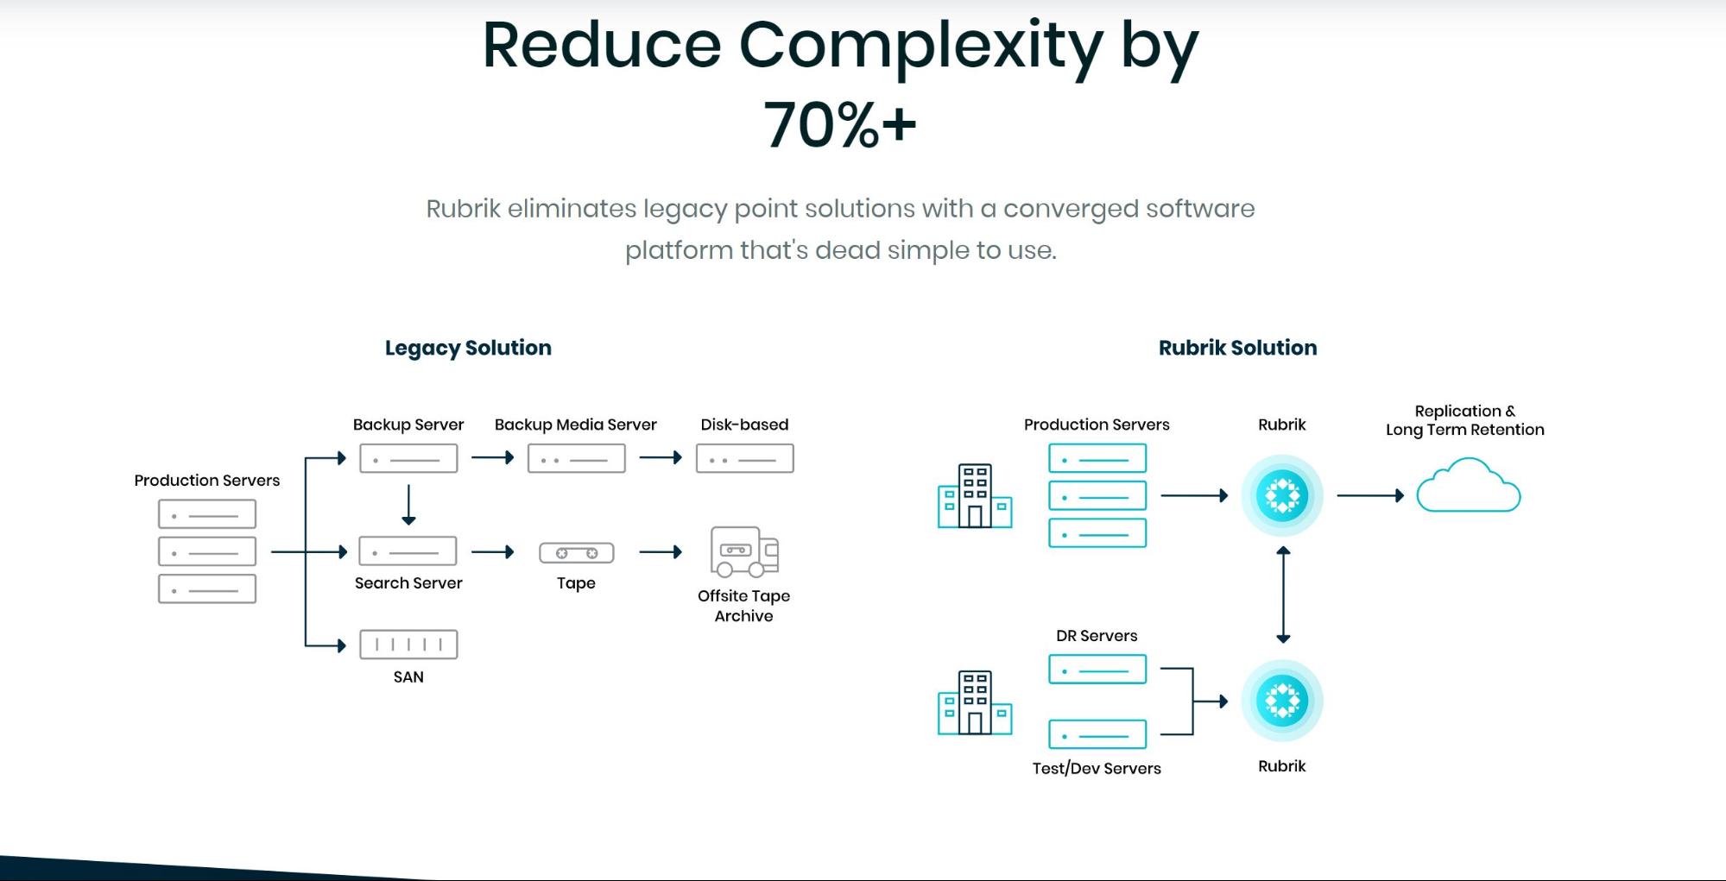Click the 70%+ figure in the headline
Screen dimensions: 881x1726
coord(839,125)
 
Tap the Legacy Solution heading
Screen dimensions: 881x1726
coord(468,348)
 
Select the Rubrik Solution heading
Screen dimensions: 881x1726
coord(1237,348)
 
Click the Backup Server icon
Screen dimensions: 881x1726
coord(408,458)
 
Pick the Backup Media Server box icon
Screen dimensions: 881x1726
coord(576,458)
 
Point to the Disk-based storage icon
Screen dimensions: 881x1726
coord(744,458)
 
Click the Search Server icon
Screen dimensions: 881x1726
coord(408,551)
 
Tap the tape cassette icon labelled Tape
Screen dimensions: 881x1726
coord(576,552)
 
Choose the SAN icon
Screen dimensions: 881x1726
coord(408,645)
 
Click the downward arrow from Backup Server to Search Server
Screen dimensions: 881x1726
coord(408,505)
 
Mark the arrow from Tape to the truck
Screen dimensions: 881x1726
coord(661,552)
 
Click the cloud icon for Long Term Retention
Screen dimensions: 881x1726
coord(1468,487)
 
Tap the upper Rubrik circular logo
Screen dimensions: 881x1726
coord(1282,496)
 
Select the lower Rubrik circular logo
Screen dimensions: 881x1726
coord(1282,701)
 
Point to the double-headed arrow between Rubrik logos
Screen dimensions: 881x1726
coord(1283,595)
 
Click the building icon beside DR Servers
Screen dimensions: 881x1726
coord(975,702)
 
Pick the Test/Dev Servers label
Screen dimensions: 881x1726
coord(1097,768)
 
